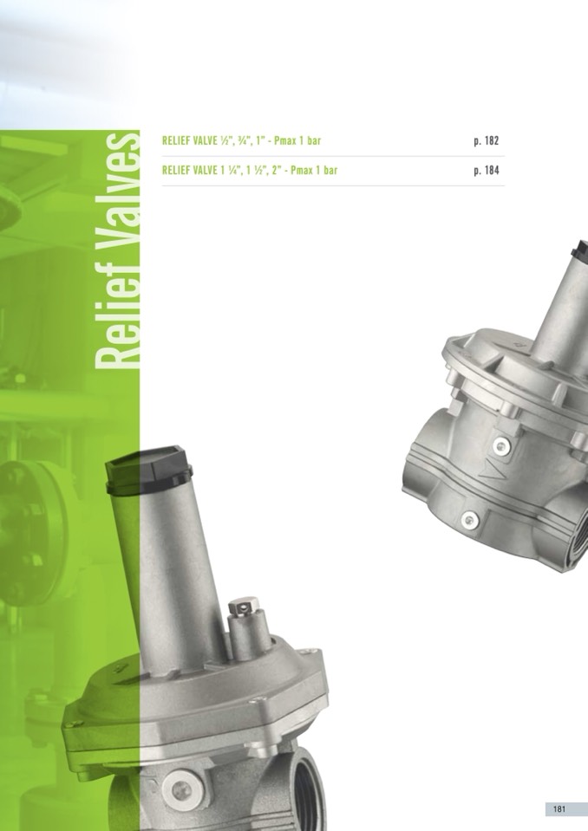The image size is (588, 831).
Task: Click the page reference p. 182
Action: [x=487, y=141]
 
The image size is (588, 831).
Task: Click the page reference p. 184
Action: [x=487, y=171]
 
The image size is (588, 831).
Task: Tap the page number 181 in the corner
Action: [x=559, y=808]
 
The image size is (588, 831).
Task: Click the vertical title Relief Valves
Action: [x=117, y=250]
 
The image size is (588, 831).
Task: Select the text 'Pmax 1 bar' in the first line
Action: [x=297, y=141]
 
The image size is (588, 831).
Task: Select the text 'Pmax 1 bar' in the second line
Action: [x=314, y=171]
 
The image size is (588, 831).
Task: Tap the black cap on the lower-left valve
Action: [x=148, y=470]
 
